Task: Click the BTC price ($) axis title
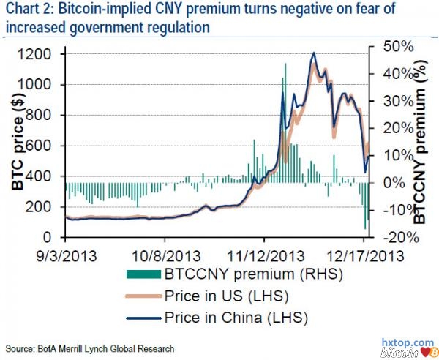click(20, 146)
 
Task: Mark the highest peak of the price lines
click(314, 53)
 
